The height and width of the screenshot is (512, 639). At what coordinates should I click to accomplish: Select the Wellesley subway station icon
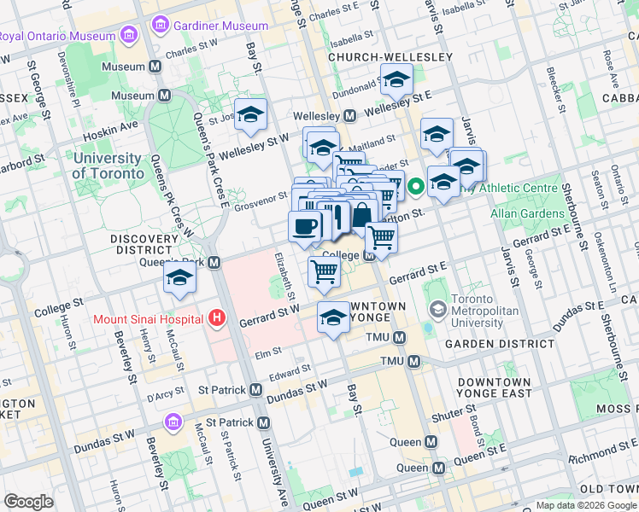pyautogui.click(x=349, y=115)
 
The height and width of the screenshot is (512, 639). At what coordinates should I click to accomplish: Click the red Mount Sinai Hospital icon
pyautogui.click(x=217, y=319)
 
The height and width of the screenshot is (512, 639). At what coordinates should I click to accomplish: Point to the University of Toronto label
pyautogui.click(x=108, y=166)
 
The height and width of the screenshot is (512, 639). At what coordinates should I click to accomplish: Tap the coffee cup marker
pyautogui.click(x=305, y=227)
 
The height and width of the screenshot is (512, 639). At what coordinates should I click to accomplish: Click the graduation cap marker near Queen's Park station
pyautogui.click(x=179, y=278)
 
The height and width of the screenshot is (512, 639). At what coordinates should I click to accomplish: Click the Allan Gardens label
pyautogui.click(x=522, y=212)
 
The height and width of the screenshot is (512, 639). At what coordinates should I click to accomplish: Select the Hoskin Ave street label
pyautogui.click(x=110, y=127)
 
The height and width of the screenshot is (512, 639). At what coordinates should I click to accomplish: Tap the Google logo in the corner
pyautogui.click(x=29, y=502)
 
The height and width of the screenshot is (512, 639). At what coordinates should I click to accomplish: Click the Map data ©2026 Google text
pyautogui.click(x=585, y=505)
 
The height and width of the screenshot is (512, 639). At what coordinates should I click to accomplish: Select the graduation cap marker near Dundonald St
pyautogui.click(x=395, y=81)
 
